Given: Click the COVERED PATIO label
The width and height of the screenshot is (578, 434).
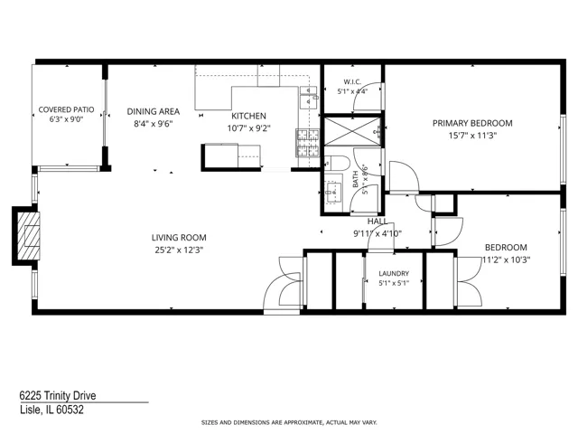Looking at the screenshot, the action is pos(66,109).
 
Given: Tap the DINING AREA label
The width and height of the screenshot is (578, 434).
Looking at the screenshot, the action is pos(154,111).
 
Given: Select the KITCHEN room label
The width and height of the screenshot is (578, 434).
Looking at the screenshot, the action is pos(249,116).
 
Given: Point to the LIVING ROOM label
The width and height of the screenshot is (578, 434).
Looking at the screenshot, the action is pos(179,237).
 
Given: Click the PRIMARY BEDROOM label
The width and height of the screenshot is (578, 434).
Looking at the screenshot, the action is pos(472,123).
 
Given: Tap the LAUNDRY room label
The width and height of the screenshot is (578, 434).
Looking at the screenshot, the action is pos(394,273).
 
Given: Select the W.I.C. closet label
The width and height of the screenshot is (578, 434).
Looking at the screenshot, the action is pos(352,82).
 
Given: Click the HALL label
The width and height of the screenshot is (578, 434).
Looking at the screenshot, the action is pos(378,221).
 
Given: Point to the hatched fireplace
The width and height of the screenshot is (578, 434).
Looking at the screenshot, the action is pos(28,235).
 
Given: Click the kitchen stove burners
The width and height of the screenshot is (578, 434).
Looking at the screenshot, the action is pos(308,143).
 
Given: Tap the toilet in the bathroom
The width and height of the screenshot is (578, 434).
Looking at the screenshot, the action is pos(337,163).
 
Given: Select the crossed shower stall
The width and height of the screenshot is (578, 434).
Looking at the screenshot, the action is pos(352,131).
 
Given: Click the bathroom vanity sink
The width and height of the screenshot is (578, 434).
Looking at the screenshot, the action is pos(333,192).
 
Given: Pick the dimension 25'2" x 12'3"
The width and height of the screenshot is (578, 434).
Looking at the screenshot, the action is pos(179,250).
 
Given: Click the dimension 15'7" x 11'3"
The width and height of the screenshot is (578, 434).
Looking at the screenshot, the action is pos(472,136).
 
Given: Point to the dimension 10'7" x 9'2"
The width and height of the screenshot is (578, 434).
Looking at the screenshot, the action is pos(249,128).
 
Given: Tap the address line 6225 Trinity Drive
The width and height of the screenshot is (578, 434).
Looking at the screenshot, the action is pos(58,396).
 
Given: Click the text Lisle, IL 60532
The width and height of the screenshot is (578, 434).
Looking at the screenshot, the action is pos(51,410).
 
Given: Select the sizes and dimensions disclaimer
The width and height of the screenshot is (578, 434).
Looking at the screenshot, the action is pos(289,422).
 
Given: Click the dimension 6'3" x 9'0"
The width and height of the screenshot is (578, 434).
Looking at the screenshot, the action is pos(66,119).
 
